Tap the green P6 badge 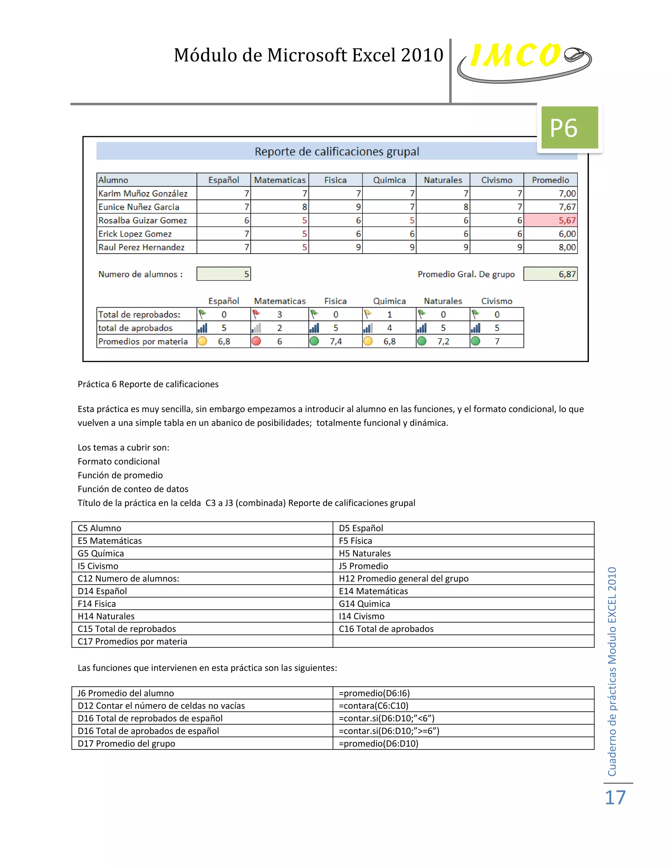pos(569,128)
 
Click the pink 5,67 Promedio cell pos(551,220)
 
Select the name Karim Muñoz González pos(143,193)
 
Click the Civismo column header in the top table pos(497,180)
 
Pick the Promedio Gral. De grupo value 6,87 pos(551,274)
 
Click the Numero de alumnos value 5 pos(224,274)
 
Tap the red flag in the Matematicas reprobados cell pos(256,314)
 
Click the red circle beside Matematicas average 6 pos(256,341)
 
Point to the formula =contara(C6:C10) pos(374,705)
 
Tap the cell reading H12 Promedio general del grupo pos(403,578)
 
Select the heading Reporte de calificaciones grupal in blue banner pos(337,152)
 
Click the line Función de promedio pos(120,475)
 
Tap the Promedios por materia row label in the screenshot pos(143,341)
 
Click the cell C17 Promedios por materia pos(132,642)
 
